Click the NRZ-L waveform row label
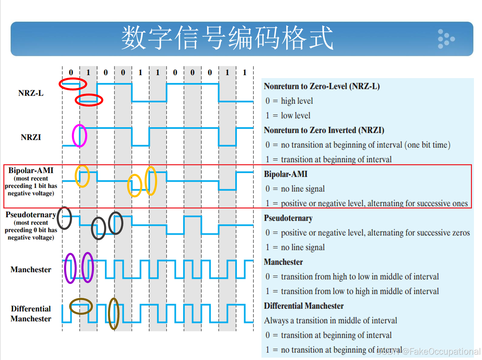(31, 93)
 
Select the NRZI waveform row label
(31, 137)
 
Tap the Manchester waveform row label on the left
(31, 269)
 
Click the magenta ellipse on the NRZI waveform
(79, 136)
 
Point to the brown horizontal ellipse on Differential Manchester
(81, 306)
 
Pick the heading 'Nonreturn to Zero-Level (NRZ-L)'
(322, 86)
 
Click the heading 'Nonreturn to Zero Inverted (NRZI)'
(324, 130)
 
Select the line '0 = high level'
(289, 101)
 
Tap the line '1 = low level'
(288, 116)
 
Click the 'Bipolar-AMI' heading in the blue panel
(286, 174)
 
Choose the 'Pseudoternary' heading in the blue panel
(288, 218)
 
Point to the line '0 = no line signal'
(295, 189)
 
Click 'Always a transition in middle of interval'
(330, 321)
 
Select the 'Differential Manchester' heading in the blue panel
(304, 306)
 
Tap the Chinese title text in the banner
(227, 38)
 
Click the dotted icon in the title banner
(445, 39)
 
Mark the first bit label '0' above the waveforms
(71, 72)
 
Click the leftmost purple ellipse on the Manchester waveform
(70, 268)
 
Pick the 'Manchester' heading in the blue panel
(283, 262)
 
